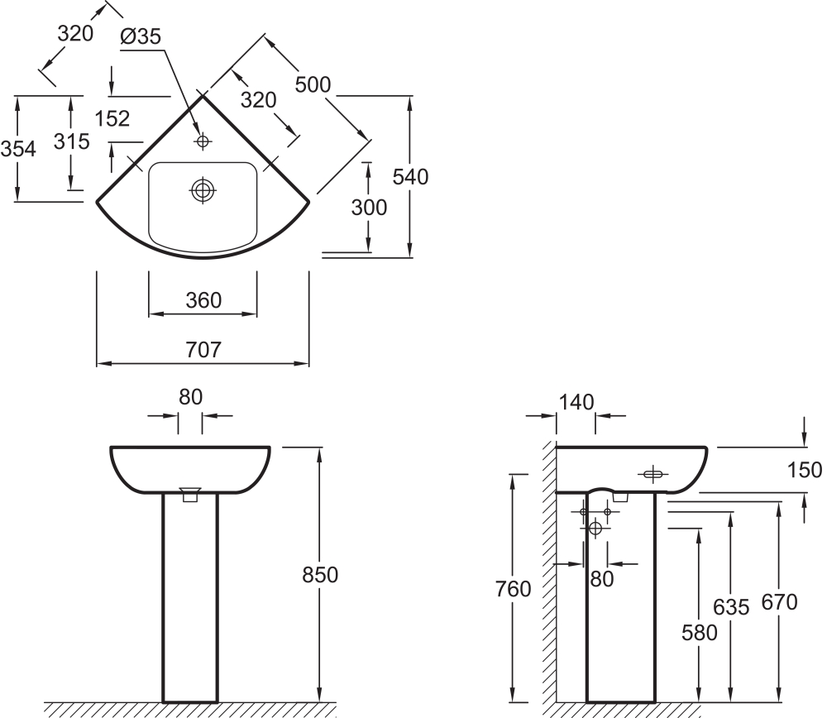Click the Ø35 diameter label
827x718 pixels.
pos(140,36)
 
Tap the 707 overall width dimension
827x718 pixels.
pos(203,350)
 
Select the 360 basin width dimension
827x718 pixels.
pos(203,300)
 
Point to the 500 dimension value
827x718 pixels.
pos(313,84)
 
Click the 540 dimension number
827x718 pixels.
pos(410,176)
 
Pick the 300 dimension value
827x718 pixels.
pos(369,208)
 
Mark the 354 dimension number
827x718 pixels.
pos(17,149)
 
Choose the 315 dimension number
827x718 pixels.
pos(71,141)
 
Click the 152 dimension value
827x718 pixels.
pos(112,119)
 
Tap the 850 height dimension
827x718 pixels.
pos(320,574)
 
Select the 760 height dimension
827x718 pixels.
pos(514,590)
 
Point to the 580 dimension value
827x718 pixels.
pos(699,632)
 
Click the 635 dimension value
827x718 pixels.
pos(730,607)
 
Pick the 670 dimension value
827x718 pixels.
pos(778,602)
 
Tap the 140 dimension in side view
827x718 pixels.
pos(576,403)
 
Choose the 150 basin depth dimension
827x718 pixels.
pos(805,471)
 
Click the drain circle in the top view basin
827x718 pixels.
pos(202,191)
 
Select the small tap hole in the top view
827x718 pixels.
pos(202,142)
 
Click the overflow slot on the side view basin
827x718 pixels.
pos(653,474)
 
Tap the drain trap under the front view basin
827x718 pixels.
pos(190,495)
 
